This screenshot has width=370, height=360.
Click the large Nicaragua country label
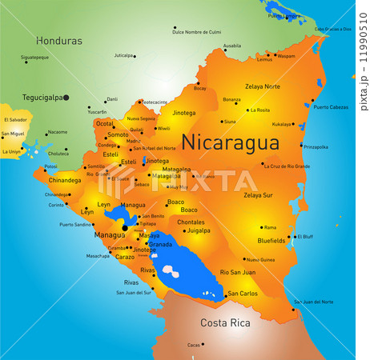tap(230, 142)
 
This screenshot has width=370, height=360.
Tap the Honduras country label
tap(59, 40)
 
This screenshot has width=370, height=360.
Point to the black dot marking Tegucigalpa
tap(66, 98)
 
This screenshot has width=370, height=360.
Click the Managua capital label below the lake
tap(109, 235)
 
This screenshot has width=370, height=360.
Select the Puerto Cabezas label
tap(332, 107)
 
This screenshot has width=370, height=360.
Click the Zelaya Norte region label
tap(263, 86)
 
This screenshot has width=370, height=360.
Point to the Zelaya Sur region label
tap(258, 194)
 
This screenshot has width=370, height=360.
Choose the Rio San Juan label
tap(237, 273)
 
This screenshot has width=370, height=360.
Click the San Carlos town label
tap(243, 294)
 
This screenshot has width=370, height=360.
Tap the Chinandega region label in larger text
tap(64, 181)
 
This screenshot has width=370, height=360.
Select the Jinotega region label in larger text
tap(183, 114)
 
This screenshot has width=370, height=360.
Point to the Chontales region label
tap(191, 222)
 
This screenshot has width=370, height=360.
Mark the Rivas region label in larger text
tap(148, 270)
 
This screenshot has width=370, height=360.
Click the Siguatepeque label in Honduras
tap(34, 58)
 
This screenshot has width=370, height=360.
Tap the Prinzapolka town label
tap(316, 146)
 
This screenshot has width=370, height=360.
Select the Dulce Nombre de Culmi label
tap(197, 32)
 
